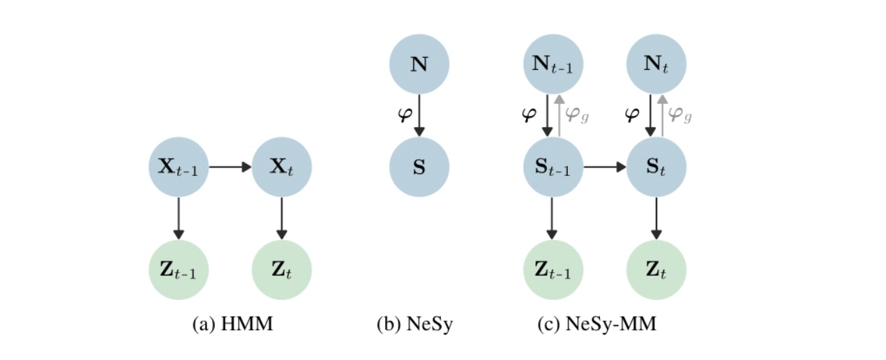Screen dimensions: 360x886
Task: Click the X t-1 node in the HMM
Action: coord(179,167)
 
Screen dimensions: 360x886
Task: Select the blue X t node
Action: coord(281,167)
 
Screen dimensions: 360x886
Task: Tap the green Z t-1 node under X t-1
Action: coord(179,269)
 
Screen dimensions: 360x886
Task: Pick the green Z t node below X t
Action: coord(281,269)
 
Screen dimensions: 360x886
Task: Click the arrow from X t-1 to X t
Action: coord(230,167)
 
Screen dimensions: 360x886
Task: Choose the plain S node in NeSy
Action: coord(419,167)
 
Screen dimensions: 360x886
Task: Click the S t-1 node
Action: coord(553,167)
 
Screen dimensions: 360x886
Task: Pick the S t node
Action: coord(656,167)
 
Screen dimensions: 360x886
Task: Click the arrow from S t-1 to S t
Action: coord(604,167)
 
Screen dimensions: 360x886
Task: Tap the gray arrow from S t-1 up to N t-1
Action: coord(559,115)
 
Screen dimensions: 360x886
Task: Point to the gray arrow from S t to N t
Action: coord(662,115)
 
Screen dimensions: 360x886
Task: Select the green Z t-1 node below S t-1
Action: coord(553,269)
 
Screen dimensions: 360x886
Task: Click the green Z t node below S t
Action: coord(656,269)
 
